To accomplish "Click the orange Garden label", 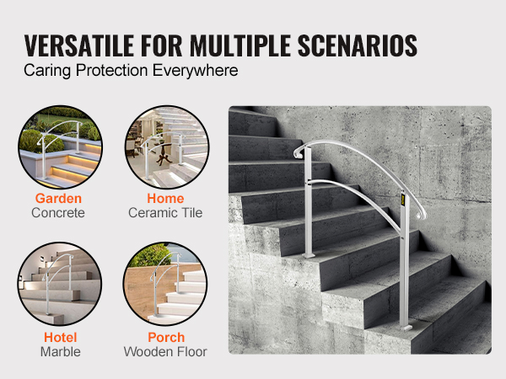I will [58, 199].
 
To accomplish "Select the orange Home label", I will [165, 199].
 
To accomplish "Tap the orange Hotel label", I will [58, 337].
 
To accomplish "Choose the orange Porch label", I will [165, 337].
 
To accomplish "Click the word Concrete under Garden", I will [58, 213].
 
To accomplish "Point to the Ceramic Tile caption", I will [165, 213].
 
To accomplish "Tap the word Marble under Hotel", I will [58, 351].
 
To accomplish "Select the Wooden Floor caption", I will [165, 351].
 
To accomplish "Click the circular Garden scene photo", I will [59, 147].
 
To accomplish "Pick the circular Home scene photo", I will [166, 147].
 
